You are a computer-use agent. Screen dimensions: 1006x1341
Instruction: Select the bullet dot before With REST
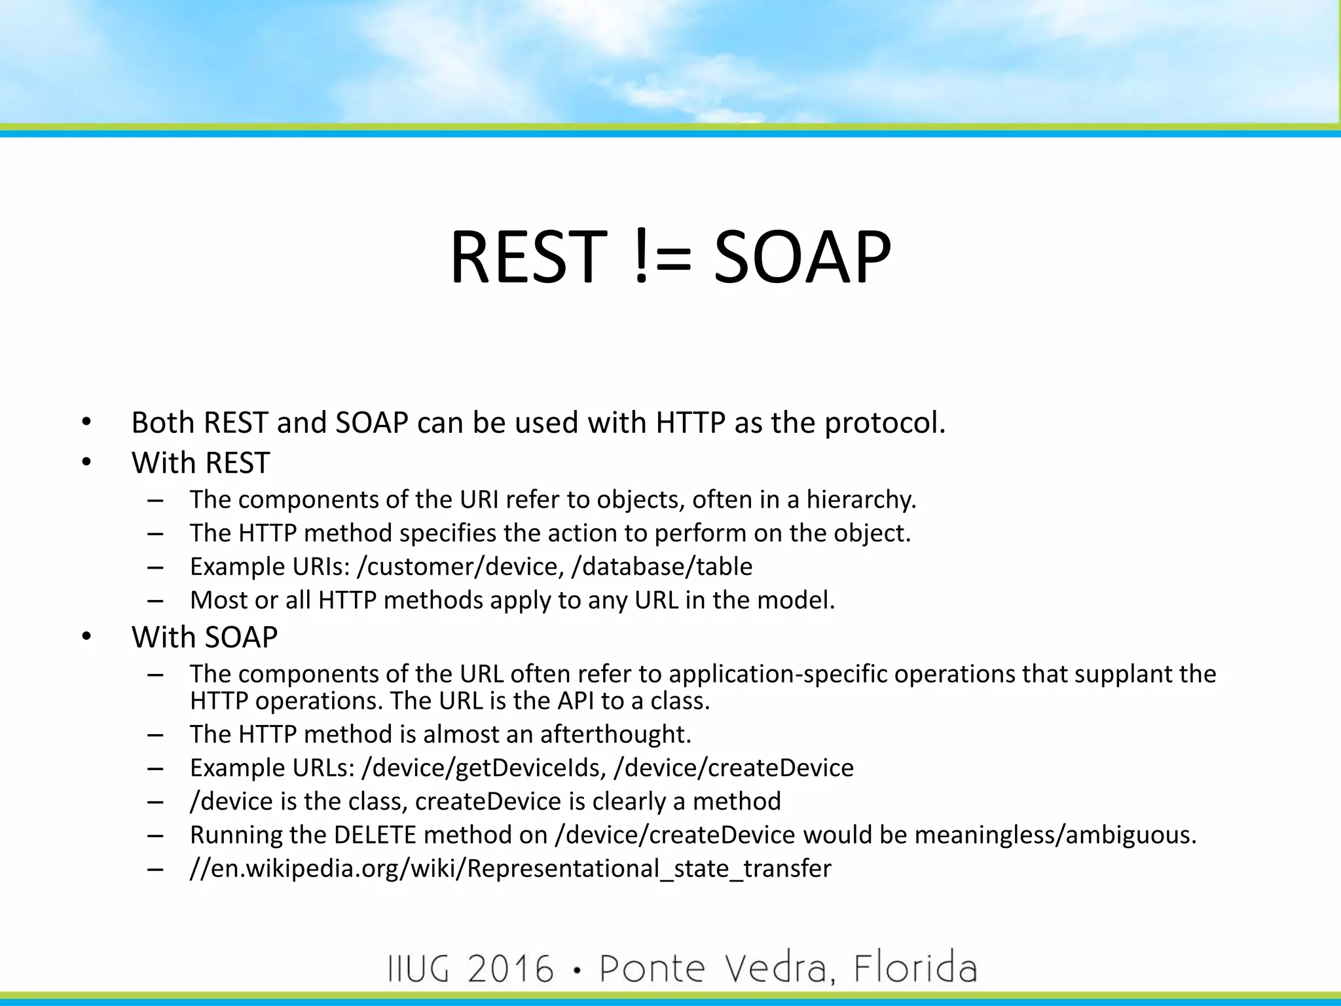pos(86,463)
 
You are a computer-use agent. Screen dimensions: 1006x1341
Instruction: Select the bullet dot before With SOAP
pos(86,637)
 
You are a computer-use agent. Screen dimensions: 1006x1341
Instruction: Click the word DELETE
pos(375,836)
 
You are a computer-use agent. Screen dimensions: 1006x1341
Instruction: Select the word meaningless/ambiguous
pos(1055,836)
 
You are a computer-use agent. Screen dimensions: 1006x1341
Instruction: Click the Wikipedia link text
pos(510,869)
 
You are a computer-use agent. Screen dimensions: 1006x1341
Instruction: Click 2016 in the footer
pos(510,969)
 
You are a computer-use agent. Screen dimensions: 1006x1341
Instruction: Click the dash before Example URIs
pos(155,567)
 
